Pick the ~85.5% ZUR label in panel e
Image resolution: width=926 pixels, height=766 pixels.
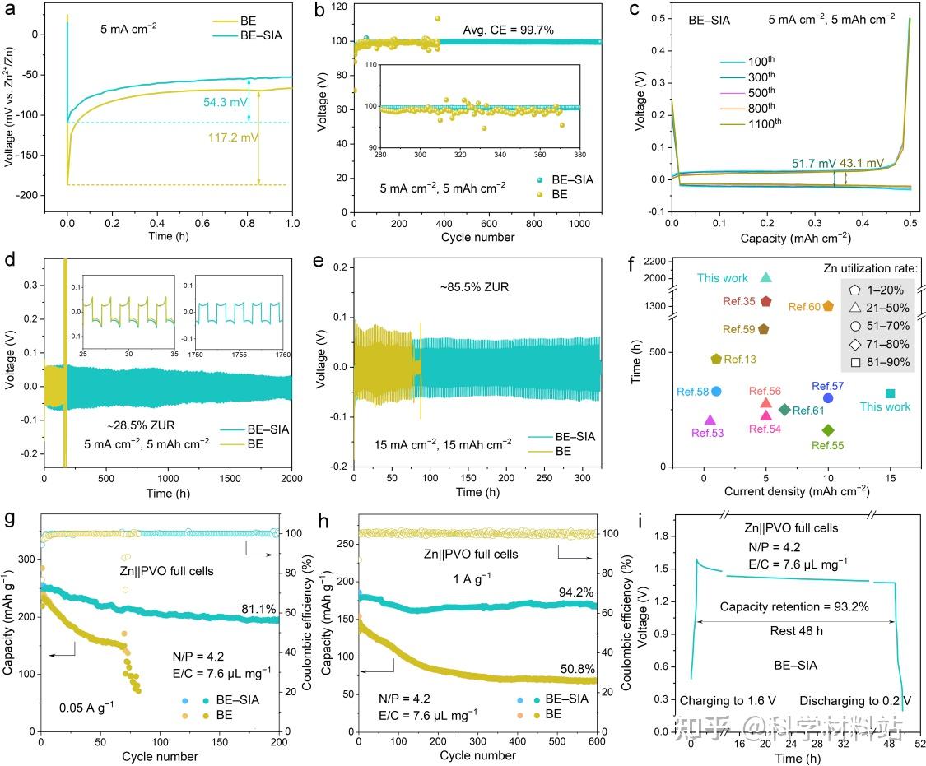[471, 288]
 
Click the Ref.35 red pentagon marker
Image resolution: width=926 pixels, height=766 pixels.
[765, 301]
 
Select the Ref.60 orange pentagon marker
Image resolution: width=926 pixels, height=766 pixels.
[828, 306]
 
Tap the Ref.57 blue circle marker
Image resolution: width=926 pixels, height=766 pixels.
[828, 398]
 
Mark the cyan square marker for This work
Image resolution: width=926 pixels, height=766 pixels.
[890, 394]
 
